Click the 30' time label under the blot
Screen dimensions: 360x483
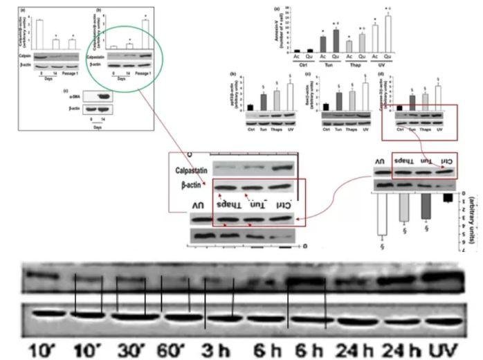pyautogui.click(x=130, y=346)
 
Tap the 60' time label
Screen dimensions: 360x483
pyautogui.click(x=175, y=346)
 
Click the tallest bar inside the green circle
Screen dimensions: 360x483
pyautogui.click(x=145, y=35)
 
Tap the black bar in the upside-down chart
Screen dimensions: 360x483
pyautogui.click(x=448, y=198)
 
